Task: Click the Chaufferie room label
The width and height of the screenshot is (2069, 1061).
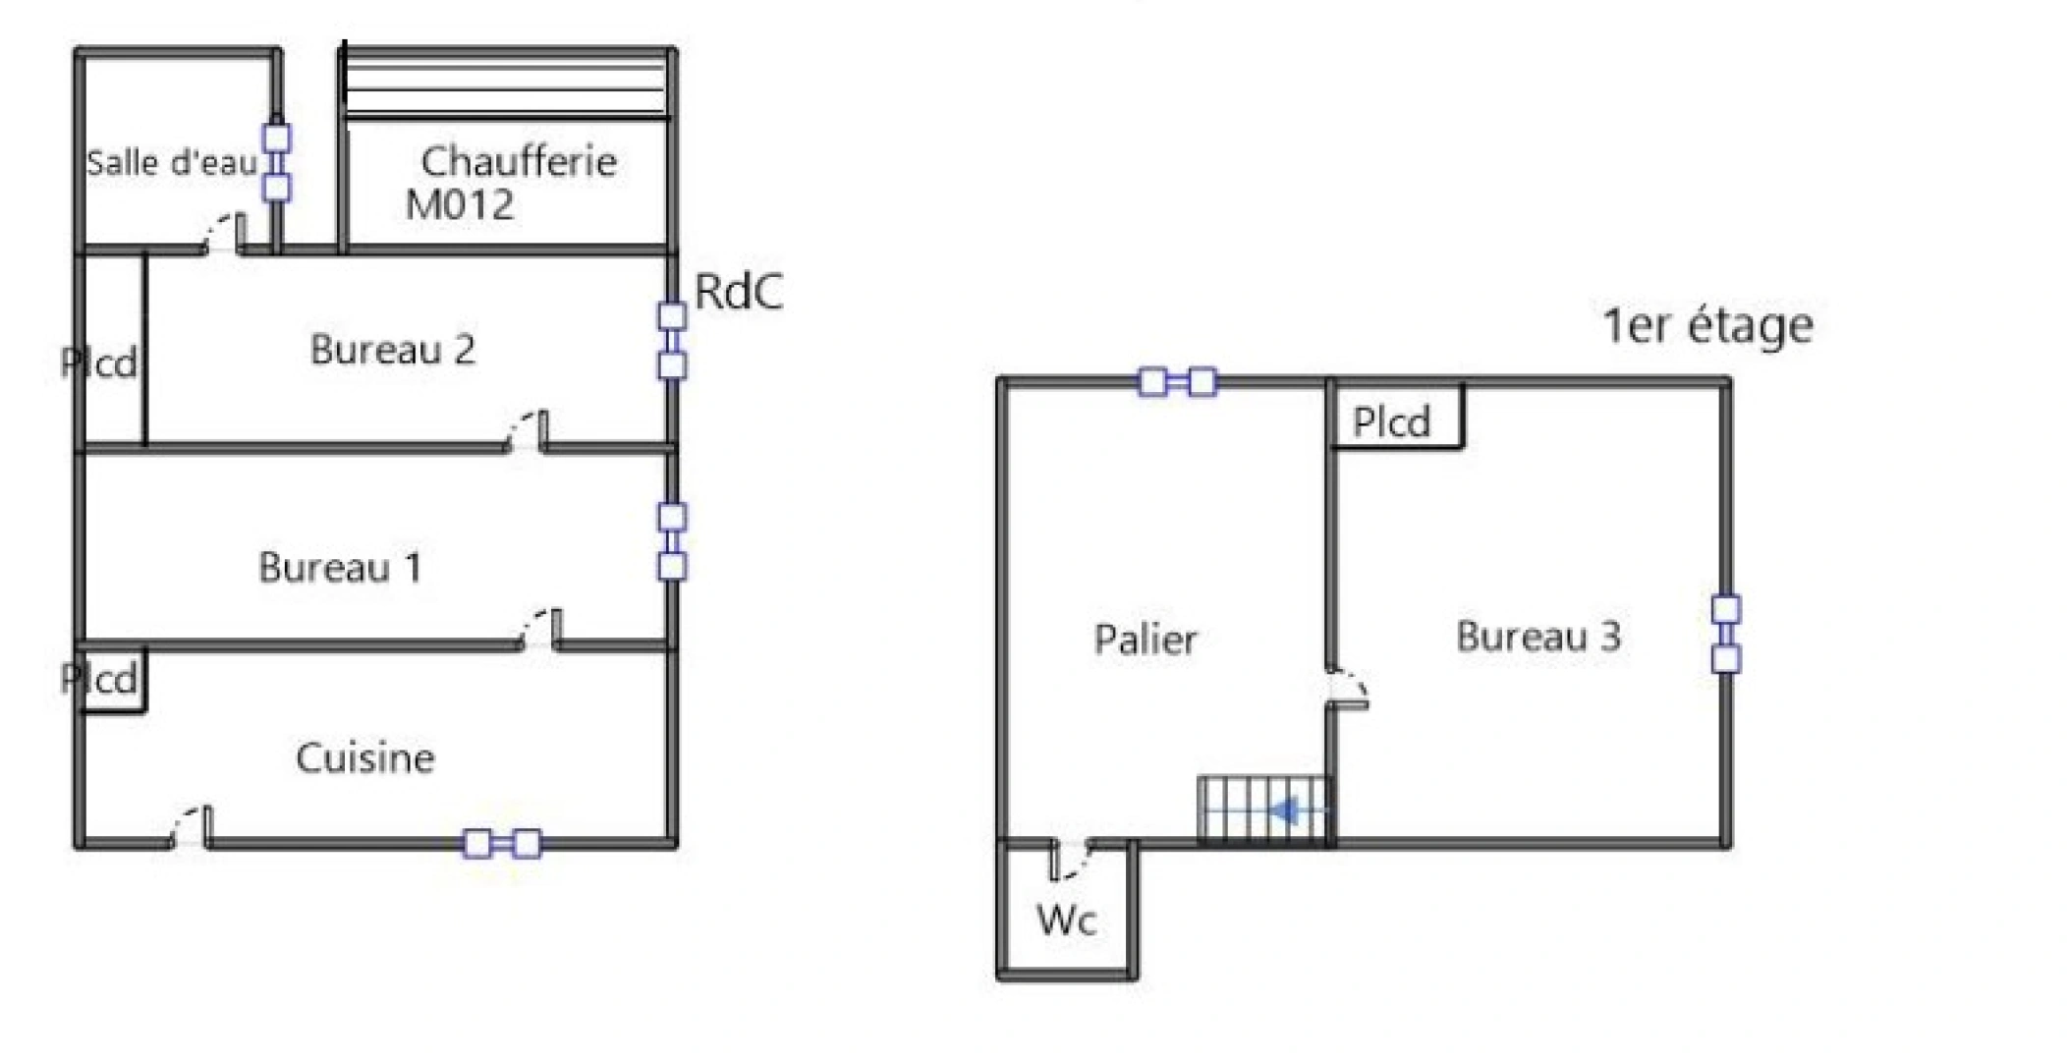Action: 519,162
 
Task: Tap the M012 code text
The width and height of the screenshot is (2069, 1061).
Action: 460,205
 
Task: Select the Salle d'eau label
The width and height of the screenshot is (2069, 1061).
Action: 172,163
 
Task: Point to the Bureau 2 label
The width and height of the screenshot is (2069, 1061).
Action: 392,350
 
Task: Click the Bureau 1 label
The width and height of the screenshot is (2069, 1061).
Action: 340,568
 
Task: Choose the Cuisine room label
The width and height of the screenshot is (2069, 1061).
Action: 364,758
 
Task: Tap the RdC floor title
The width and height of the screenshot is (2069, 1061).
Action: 739,292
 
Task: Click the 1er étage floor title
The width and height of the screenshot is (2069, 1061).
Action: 1707,326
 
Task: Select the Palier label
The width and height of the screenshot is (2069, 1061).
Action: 1146,641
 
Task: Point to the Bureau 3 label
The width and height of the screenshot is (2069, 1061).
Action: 1538,637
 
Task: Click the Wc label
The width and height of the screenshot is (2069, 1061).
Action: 1066,921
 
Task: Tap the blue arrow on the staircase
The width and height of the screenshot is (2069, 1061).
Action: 1284,812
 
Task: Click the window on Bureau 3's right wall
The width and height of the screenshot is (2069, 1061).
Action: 1726,634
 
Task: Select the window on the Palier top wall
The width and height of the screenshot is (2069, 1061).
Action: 1177,382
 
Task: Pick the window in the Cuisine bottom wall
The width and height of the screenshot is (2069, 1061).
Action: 502,844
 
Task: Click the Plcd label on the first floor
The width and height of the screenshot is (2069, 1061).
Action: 1391,422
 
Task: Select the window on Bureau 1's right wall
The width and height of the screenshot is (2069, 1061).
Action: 672,541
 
